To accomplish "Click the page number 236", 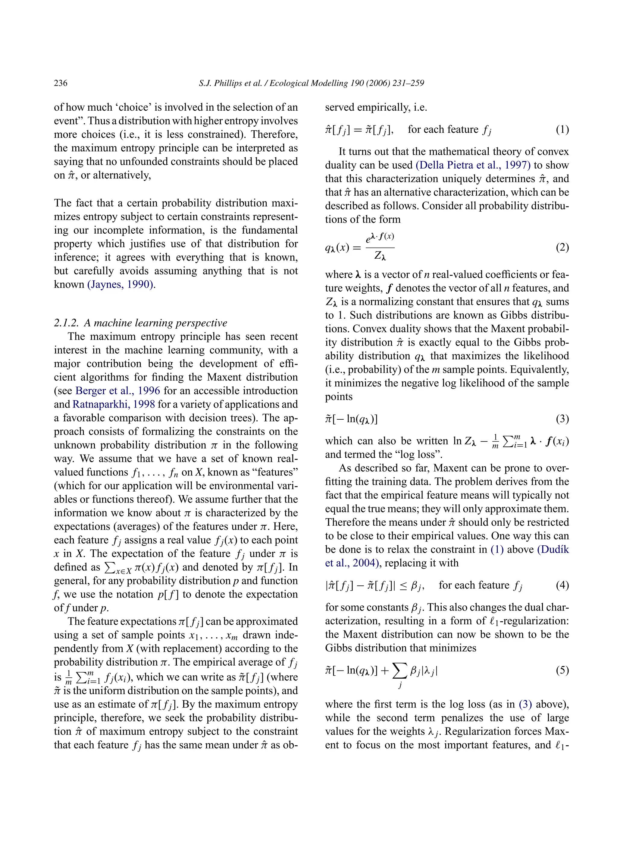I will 61,83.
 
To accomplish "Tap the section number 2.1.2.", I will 67,323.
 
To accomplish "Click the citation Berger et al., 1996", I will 118,391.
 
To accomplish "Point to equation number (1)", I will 562,130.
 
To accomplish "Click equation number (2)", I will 562,248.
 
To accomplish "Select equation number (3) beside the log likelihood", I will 562,419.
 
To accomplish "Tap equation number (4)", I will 562,585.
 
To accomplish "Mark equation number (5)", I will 562,670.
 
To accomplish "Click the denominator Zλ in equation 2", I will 380,256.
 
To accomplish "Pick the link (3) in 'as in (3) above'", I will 525,705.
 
